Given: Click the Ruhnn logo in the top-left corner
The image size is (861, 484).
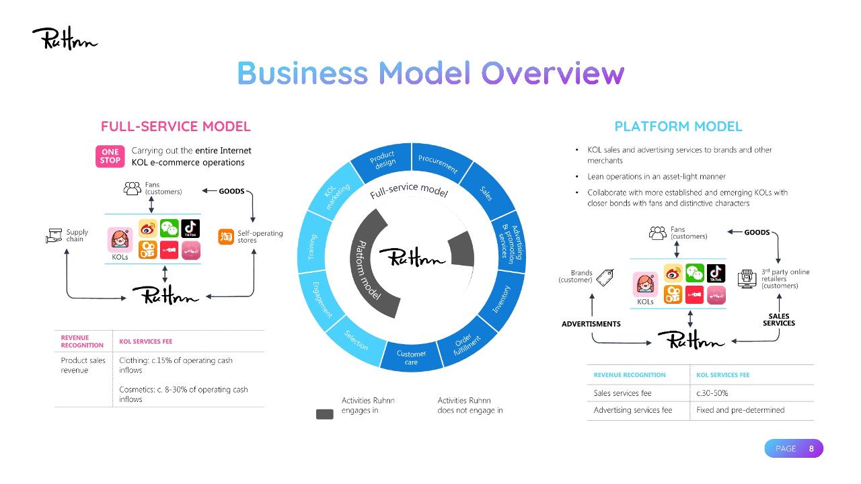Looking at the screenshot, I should pos(65,38).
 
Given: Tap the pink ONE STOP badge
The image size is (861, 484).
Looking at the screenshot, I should pos(110,156).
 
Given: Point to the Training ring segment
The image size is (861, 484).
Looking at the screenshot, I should pos(311,247).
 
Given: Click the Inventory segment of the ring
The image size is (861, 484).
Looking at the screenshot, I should pos(502,299).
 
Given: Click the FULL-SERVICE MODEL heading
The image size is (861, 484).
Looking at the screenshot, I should pos(176,126).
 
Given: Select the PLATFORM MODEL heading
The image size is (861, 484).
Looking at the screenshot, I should pos(678,126).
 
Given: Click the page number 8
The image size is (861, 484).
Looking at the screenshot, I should pos(811,448).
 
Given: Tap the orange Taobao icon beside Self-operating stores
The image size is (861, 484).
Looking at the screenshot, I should pos(225,237).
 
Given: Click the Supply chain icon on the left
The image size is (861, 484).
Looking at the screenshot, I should pos(54,236).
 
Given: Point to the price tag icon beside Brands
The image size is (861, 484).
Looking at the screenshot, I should pos(605,277).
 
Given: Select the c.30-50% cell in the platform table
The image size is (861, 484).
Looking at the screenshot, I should pos(712,393).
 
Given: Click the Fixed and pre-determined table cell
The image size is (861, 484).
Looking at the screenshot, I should pos(740,410).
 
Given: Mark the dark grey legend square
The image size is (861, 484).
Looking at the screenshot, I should pos(325,413).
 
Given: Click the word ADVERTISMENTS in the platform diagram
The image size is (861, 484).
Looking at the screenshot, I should pos(591,324).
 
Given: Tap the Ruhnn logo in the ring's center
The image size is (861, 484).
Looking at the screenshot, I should pos(412,257).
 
